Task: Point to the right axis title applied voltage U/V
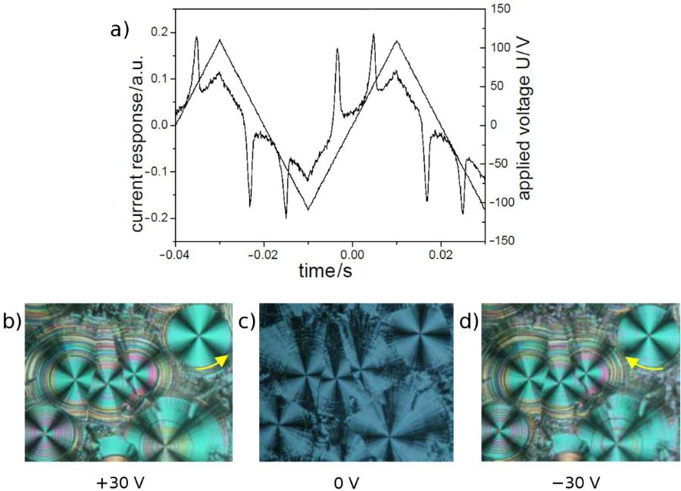(525, 125)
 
